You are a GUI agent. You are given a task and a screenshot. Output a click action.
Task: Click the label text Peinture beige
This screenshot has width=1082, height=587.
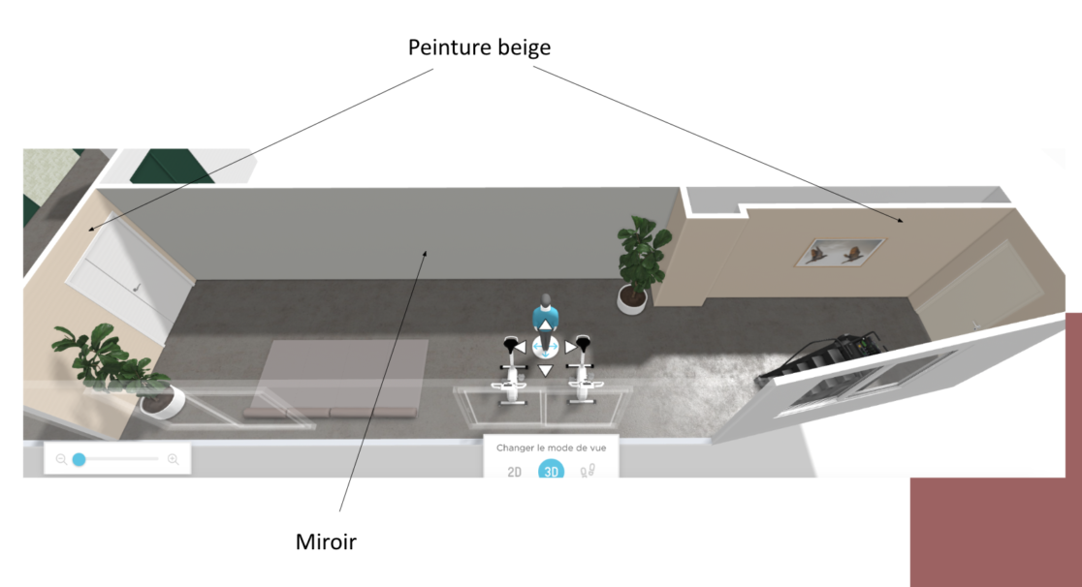click(x=479, y=46)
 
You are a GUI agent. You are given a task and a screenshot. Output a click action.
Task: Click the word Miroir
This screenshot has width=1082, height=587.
click(x=326, y=542)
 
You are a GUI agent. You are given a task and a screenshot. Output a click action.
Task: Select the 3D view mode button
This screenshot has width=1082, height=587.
click(x=552, y=472)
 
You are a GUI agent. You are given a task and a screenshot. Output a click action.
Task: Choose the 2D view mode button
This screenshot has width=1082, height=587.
click(x=515, y=472)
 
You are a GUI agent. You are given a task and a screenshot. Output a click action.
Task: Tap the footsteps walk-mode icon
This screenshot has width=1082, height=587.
click(x=587, y=472)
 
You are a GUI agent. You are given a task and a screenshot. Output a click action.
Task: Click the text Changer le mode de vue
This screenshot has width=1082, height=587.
click(x=552, y=448)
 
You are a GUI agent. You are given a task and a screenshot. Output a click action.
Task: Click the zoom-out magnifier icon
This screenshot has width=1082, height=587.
click(x=61, y=459)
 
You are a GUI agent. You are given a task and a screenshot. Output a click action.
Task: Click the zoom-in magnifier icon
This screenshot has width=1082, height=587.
click(x=173, y=459)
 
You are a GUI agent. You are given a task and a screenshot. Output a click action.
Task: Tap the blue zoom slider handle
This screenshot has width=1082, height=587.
click(x=79, y=459)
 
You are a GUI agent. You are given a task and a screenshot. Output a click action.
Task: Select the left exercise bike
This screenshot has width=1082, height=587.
click(x=510, y=373)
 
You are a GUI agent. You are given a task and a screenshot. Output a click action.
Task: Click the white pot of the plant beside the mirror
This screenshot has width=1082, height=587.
click(x=632, y=302)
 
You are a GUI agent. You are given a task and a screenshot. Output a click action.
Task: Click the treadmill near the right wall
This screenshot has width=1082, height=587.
click(x=824, y=358)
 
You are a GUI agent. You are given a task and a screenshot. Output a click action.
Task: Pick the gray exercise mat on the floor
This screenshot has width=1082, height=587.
click(x=342, y=378)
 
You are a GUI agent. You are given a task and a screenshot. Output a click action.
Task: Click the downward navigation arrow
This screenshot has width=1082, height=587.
click(x=546, y=370)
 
